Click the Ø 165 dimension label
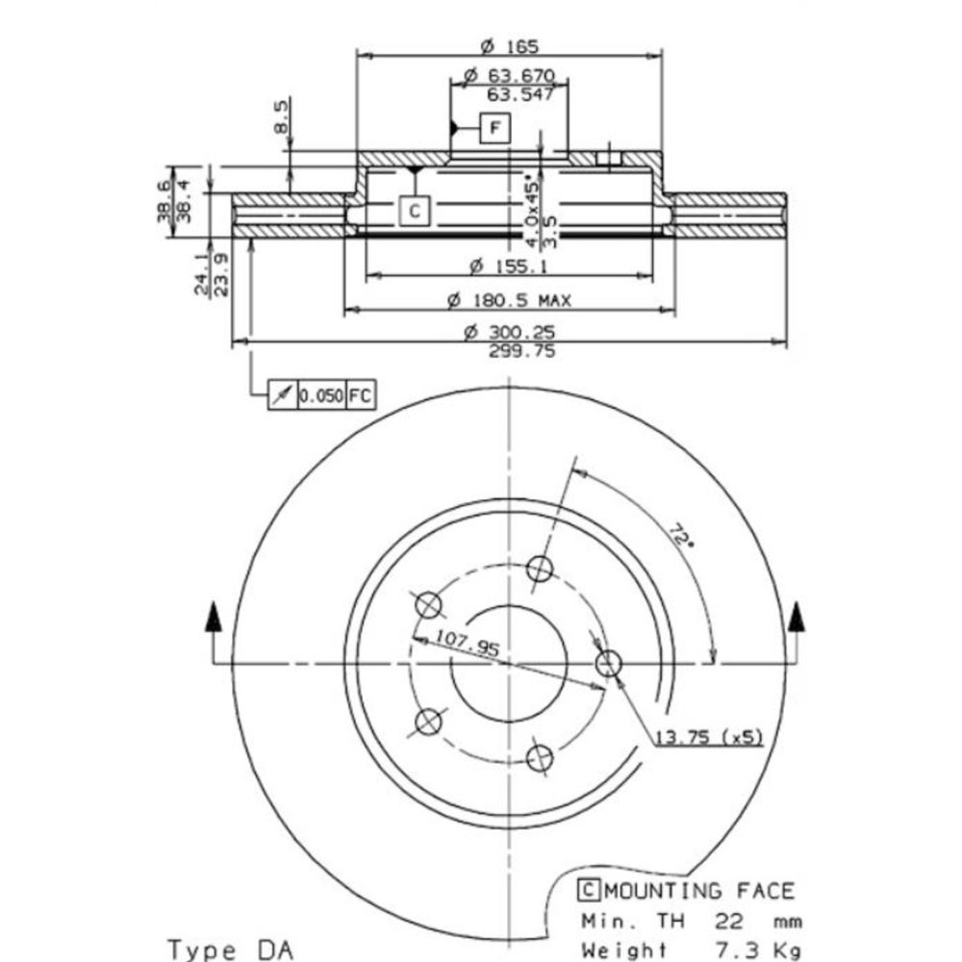pyautogui.click(x=509, y=46)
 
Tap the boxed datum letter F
pyautogui.click(x=495, y=128)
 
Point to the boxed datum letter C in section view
pyautogui.click(x=415, y=211)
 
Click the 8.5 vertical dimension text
pyautogui.click(x=280, y=117)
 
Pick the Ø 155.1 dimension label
pyautogui.click(x=509, y=266)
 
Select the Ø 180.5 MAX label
pyautogui.click(x=509, y=300)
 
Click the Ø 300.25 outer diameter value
pyautogui.click(x=509, y=333)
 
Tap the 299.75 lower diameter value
pyautogui.click(x=522, y=351)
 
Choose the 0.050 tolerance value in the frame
pyautogui.click(x=321, y=396)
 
